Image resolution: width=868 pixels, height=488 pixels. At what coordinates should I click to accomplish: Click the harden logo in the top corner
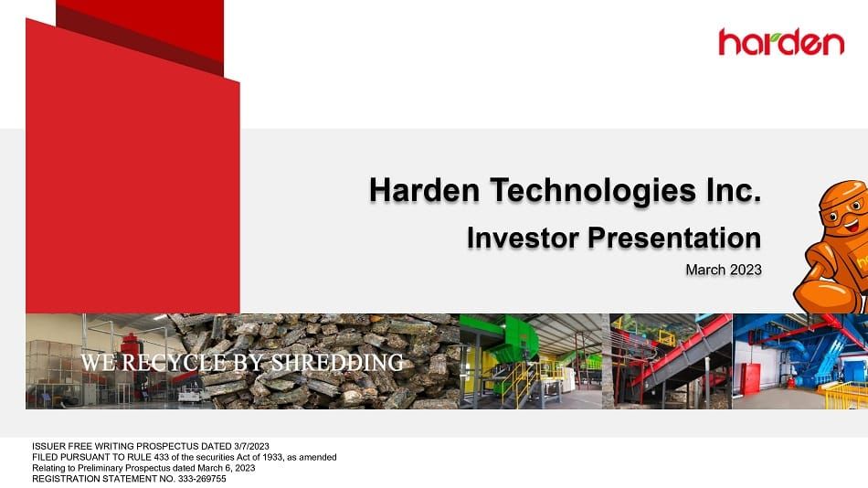(781, 41)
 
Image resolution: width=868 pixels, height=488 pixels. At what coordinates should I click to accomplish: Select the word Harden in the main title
(424, 191)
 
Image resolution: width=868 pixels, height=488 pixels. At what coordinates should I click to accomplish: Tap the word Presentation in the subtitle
(673, 238)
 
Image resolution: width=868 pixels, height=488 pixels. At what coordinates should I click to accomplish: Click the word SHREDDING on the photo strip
(337, 363)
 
